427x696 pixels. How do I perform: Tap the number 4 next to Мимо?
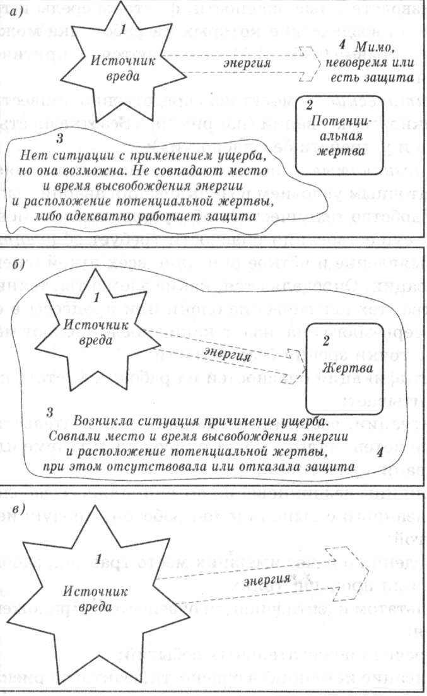341,45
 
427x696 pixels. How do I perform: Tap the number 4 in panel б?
378,453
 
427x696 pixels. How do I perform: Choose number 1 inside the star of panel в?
98,559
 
